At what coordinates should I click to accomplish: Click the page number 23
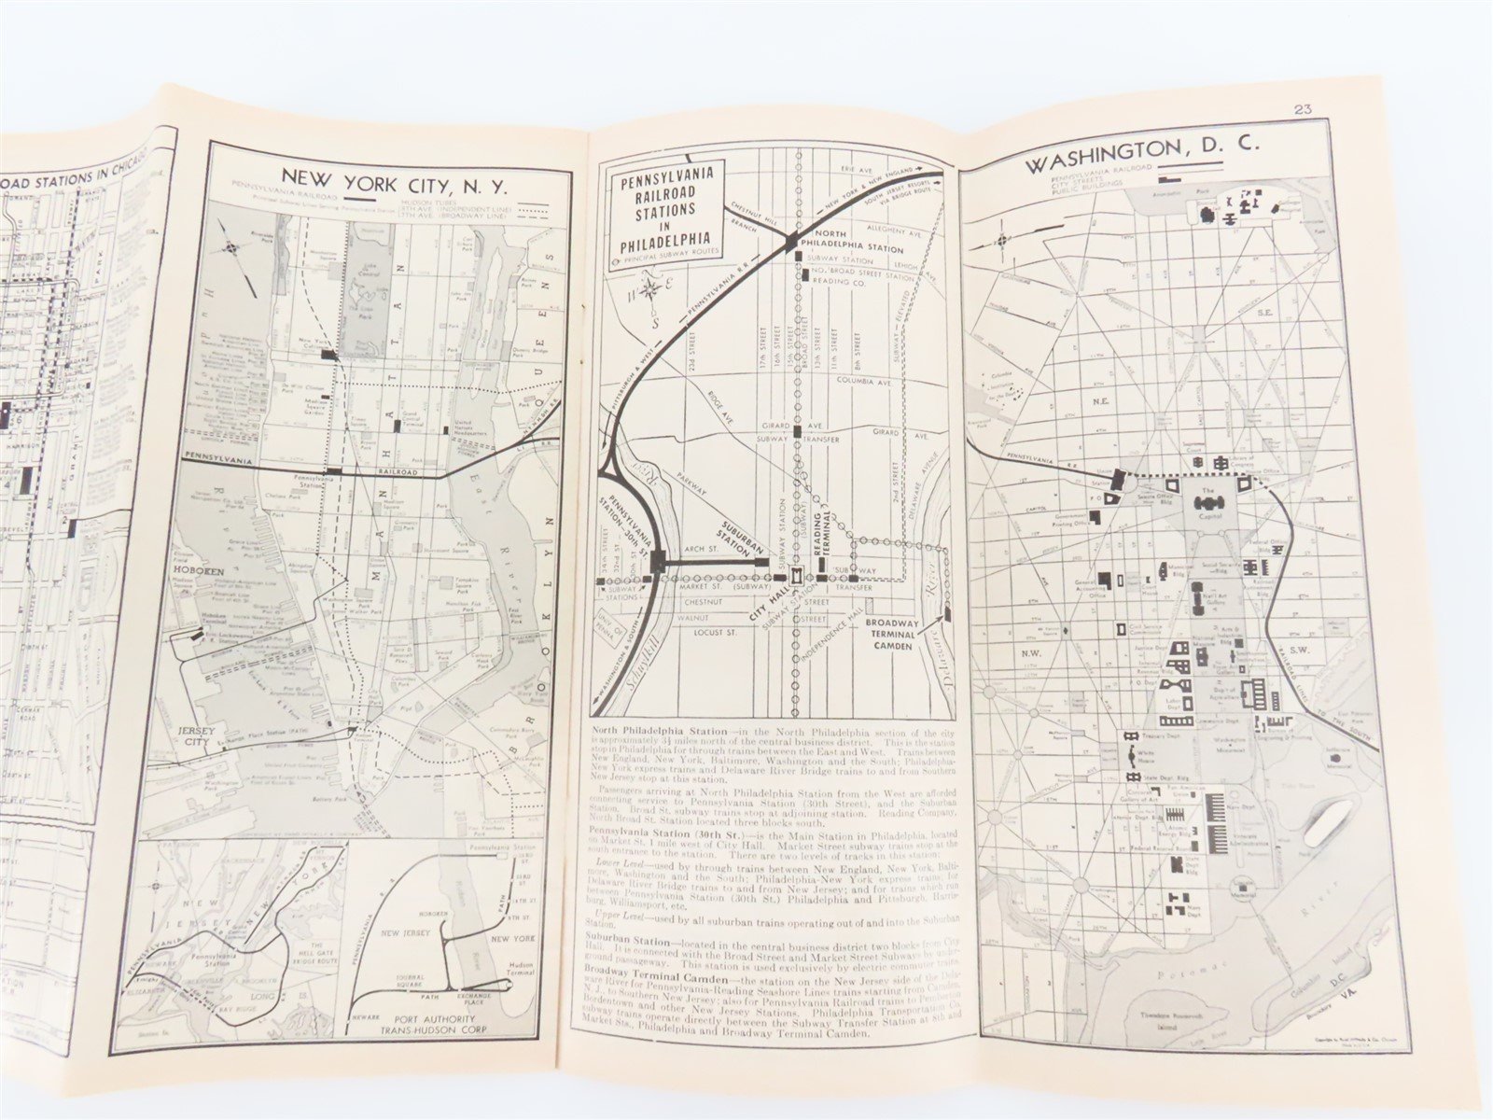pos(1304,109)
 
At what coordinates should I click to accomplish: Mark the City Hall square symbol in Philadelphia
pos(796,578)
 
